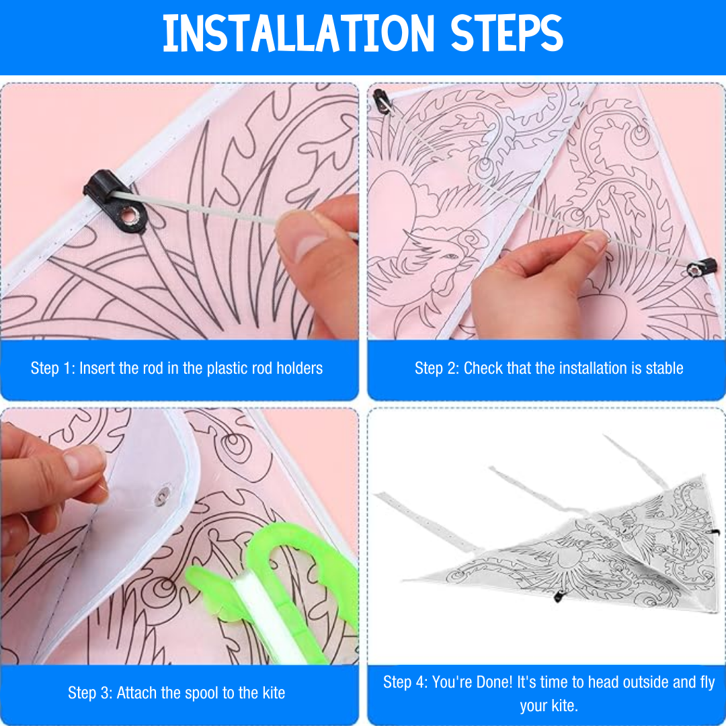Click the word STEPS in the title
click(x=506, y=34)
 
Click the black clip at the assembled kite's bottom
click(x=558, y=596)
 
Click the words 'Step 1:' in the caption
click(x=52, y=368)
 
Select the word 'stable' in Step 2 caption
click(x=661, y=368)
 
